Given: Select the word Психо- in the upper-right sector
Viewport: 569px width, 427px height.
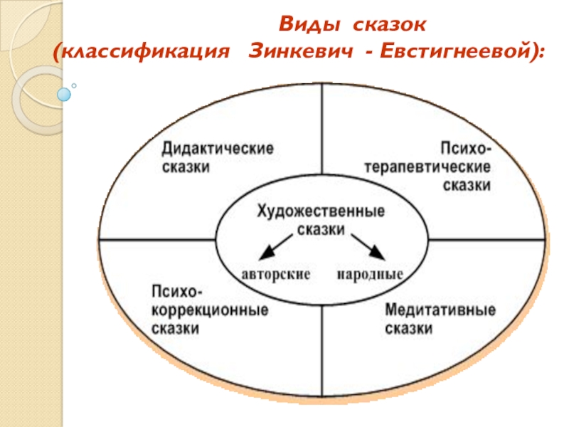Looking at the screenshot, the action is coord(466,149).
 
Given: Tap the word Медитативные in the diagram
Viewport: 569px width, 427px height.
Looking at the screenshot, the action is coord(440,311).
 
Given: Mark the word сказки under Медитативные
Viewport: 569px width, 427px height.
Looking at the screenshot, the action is coord(409,330).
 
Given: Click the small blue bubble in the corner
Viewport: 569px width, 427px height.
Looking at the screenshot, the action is coord(64,93).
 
